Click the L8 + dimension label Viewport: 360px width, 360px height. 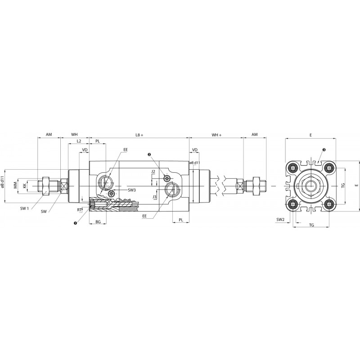click(x=139, y=135)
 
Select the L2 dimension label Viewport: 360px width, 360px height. click(x=79, y=141)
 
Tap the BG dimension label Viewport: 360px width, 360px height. click(x=98, y=222)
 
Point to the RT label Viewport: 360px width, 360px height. click(x=80, y=209)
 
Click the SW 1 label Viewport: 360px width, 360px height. click(x=24, y=208)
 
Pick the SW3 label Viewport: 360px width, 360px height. click(x=132, y=190)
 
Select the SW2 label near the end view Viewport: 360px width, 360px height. click(x=280, y=220)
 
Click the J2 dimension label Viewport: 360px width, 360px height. click(x=153, y=171)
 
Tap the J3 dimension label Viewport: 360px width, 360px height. click(x=154, y=197)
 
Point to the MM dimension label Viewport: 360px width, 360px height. click(x=15, y=185)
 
